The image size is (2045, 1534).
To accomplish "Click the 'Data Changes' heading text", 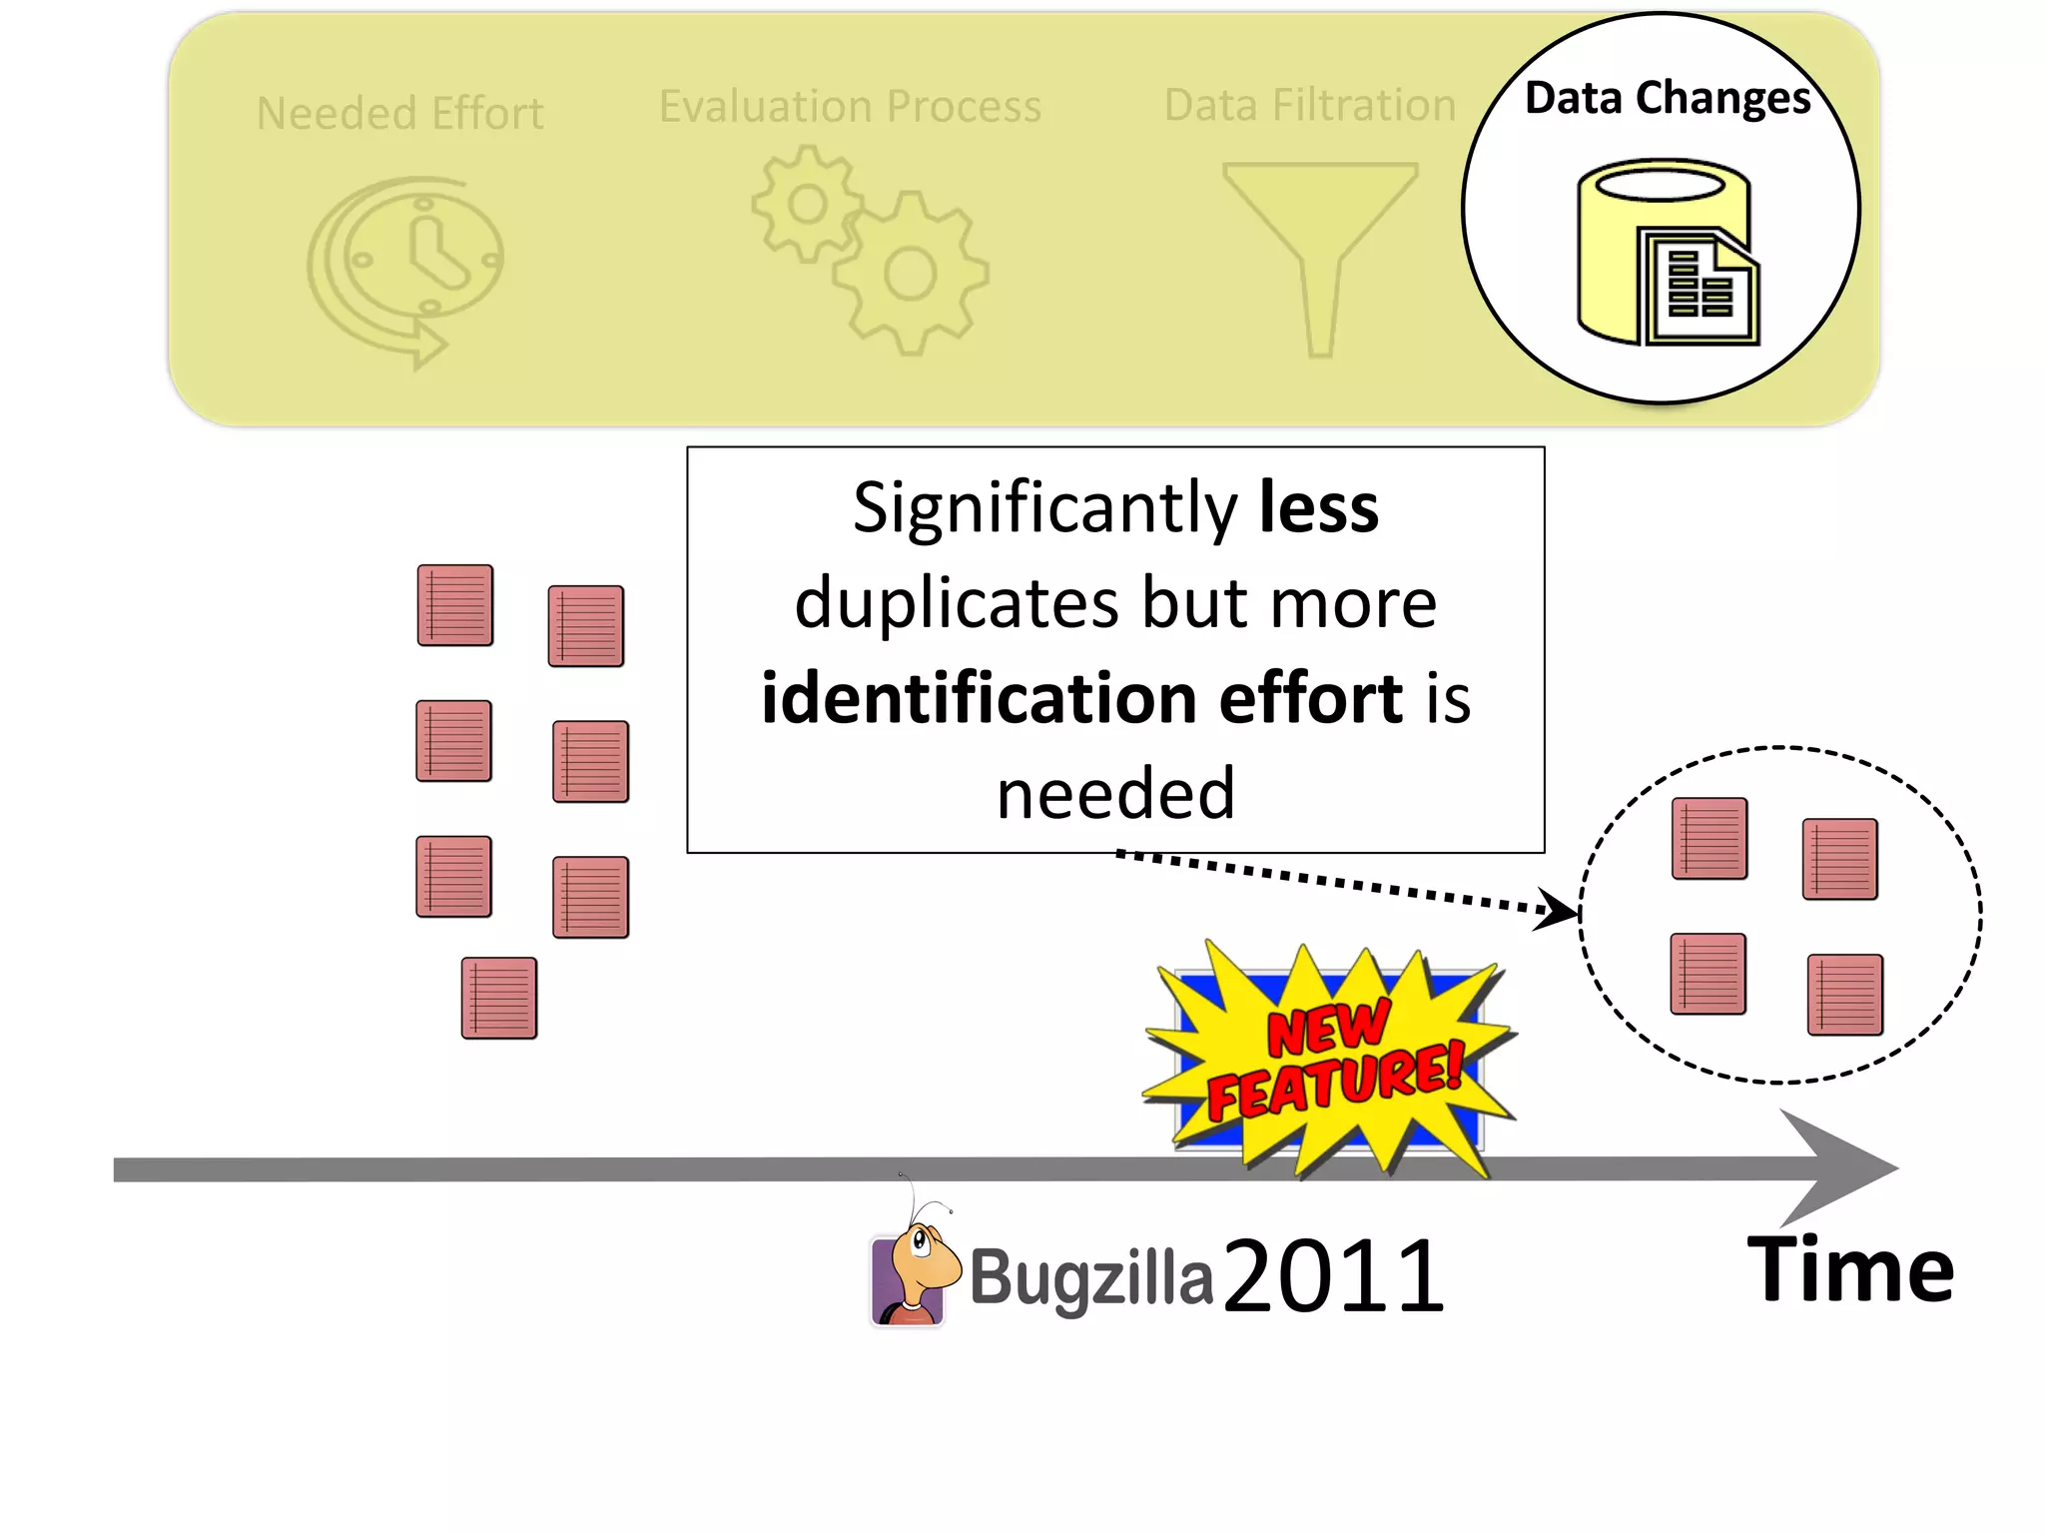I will [x=1668, y=98].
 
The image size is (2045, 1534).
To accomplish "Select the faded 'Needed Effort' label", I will [x=399, y=113].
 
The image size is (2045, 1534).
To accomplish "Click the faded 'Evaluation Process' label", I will [x=850, y=106].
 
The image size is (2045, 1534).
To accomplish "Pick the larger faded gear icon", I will [x=910, y=274].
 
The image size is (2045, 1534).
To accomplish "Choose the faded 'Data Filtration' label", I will [x=1310, y=105].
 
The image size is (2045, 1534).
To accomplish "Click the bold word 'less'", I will [x=1318, y=507].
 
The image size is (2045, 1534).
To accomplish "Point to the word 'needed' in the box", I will [x=1115, y=794].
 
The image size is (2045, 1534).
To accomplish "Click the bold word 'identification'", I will [x=979, y=697].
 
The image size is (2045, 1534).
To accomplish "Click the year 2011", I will [x=1333, y=1275].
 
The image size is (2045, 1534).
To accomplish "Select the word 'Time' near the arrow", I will [x=1850, y=1270].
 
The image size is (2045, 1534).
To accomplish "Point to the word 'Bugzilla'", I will [x=1091, y=1278].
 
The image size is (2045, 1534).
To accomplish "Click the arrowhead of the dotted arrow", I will [x=1558, y=909].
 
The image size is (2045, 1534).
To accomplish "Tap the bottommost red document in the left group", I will [x=499, y=998].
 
